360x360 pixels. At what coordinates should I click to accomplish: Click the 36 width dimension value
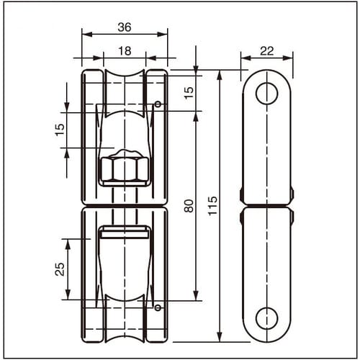click(x=124, y=27)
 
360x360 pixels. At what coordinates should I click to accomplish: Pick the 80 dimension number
click(x=189, y=205)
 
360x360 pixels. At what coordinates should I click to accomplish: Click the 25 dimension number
click(x=60, y=269)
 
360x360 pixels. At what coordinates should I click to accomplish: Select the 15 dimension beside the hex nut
click(x=60, y=130)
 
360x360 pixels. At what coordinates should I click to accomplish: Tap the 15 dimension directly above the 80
click(x=189, y=92)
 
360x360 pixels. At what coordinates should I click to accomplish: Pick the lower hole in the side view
click(x=266, y=318)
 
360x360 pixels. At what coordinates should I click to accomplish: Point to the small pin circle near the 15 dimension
click(x=157, y=104)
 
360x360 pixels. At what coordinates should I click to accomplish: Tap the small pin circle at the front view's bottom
click(x=157, y=308)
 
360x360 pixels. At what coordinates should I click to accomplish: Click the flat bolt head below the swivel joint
click(x=124, y=232)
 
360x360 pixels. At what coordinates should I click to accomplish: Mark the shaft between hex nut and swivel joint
click(x=124, y=196)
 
